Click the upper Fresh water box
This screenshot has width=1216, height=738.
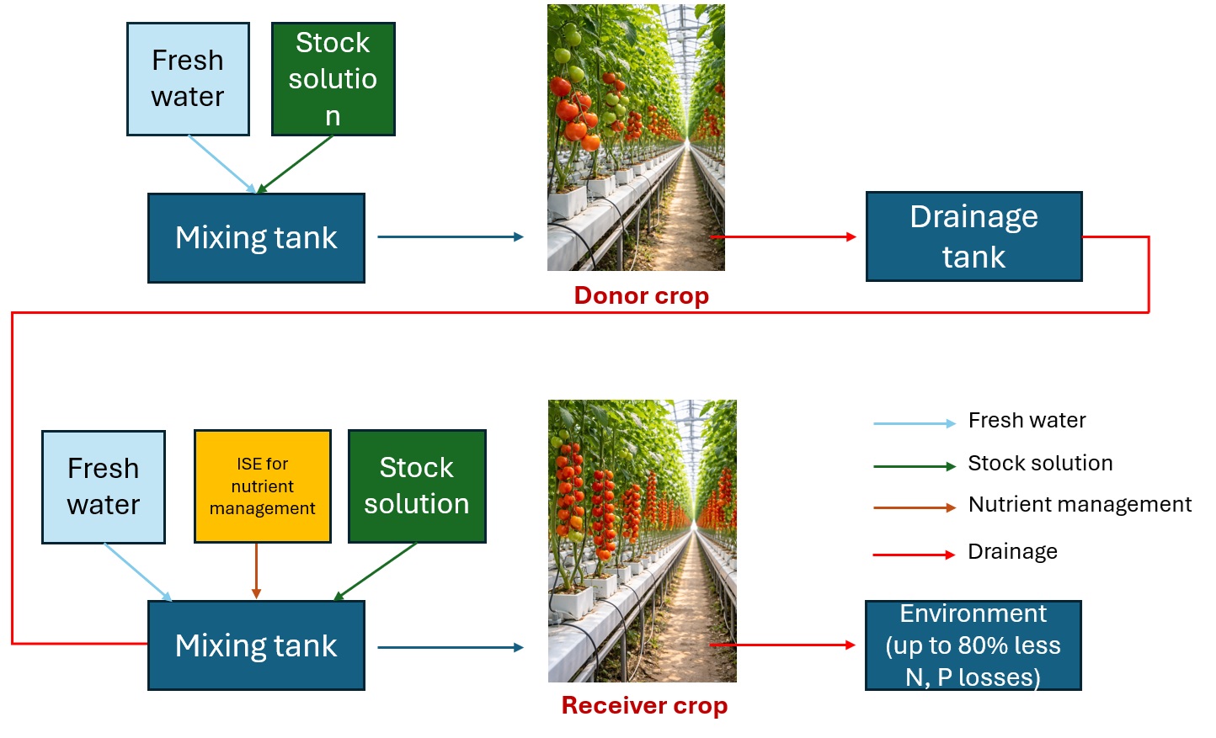point(188,79)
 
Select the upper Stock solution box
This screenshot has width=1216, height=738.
point(333,79)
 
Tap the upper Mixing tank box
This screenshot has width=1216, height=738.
point(256,237)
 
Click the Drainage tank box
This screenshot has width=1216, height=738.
point(973,236)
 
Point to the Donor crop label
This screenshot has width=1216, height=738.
point(642,295)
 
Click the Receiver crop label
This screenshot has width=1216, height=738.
point(644,705)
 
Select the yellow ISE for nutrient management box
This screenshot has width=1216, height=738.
point(263,486)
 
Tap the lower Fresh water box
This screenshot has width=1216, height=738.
point(103,486)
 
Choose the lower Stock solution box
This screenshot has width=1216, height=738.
point(417,486)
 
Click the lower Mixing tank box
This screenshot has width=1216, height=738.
point(256,645)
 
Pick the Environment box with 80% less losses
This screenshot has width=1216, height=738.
point(973,645)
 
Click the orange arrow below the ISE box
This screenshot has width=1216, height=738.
point(256,571)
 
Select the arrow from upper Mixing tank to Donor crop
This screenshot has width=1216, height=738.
point(451,236)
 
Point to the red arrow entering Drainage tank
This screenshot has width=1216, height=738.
point(783,236)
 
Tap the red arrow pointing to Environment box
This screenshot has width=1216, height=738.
point(783,645)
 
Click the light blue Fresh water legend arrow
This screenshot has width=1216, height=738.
point(915,423)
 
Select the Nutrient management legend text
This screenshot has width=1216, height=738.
point(1080,505)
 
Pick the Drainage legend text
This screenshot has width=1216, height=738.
point(1013,552)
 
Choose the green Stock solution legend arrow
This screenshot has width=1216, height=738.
point(915,466)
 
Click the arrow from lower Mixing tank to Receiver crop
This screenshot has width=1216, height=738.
point(451,647)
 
